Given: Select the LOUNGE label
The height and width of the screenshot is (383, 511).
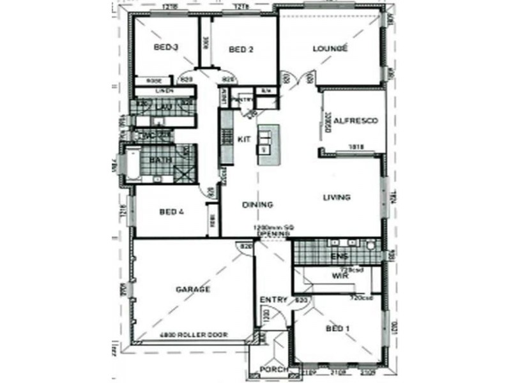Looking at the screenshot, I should click(x=330, y=49).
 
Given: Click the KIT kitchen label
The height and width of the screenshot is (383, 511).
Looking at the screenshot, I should click(x=243, y=139).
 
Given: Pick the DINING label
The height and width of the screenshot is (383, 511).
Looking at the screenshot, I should click(x=257, y=205).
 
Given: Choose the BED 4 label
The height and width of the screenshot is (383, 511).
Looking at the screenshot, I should click(x=172, y=212).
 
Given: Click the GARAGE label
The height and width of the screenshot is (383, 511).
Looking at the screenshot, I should click(x=193, y=289).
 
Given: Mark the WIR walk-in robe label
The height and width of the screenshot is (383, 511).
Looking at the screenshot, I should click(x=339, y=276).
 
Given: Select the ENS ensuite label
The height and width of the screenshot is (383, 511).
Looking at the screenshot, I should click(x=339, y=257).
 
